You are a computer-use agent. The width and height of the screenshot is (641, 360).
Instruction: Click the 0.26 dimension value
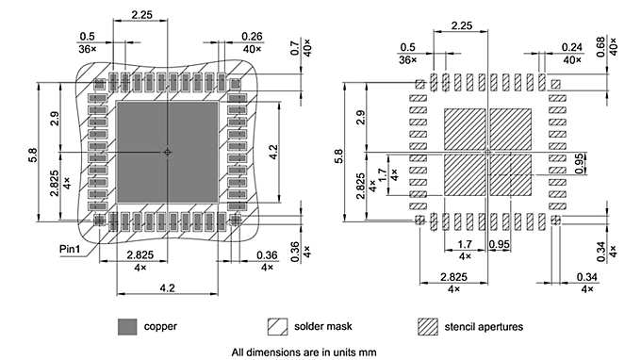click(225, 38)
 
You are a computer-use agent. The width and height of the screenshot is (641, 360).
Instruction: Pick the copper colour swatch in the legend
click(127, 326)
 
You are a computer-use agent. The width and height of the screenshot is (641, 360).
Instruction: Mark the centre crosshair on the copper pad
click(167, 152)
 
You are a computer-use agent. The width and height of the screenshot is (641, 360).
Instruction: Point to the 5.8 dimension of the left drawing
click(34, 151)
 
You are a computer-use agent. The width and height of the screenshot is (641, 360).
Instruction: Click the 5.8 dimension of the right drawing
click(339, 151)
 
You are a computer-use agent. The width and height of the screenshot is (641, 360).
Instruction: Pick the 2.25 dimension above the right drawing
click(462, 25)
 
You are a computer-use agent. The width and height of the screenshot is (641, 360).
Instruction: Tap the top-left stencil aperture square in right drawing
click(464, 127)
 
